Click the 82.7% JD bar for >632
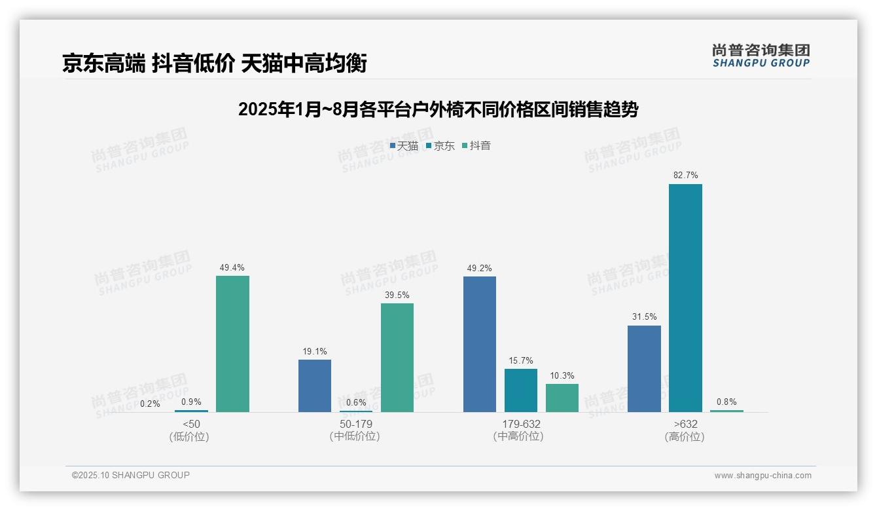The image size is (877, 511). click(x=685, y=298)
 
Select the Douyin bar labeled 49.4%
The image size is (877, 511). click(x=232, y=344)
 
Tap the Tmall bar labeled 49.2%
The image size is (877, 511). click(x=480, y=345)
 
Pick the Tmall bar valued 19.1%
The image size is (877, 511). click(x=315, y=386)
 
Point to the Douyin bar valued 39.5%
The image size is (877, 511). click(x=397, y=358)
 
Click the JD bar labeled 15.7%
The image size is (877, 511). click(x=521, y=390)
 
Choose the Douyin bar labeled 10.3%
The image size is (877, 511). click(x=562, y=398)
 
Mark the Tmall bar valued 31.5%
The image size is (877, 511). click(x=644, y=369)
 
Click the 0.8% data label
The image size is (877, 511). click(x=726, y=402)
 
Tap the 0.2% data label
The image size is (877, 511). click(x=150, y=404)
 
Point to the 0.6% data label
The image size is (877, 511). click(x=356, y=403)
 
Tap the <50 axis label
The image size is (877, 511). click(x=191, y=425)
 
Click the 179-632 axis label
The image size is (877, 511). click(x=521, y=425)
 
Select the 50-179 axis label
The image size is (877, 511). click(x=356, y=425)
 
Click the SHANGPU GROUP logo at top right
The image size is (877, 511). click(x=761, y=56)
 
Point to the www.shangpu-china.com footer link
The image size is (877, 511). click(x=762, y=476)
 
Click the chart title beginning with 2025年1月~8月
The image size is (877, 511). click(x=438, y=109)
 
